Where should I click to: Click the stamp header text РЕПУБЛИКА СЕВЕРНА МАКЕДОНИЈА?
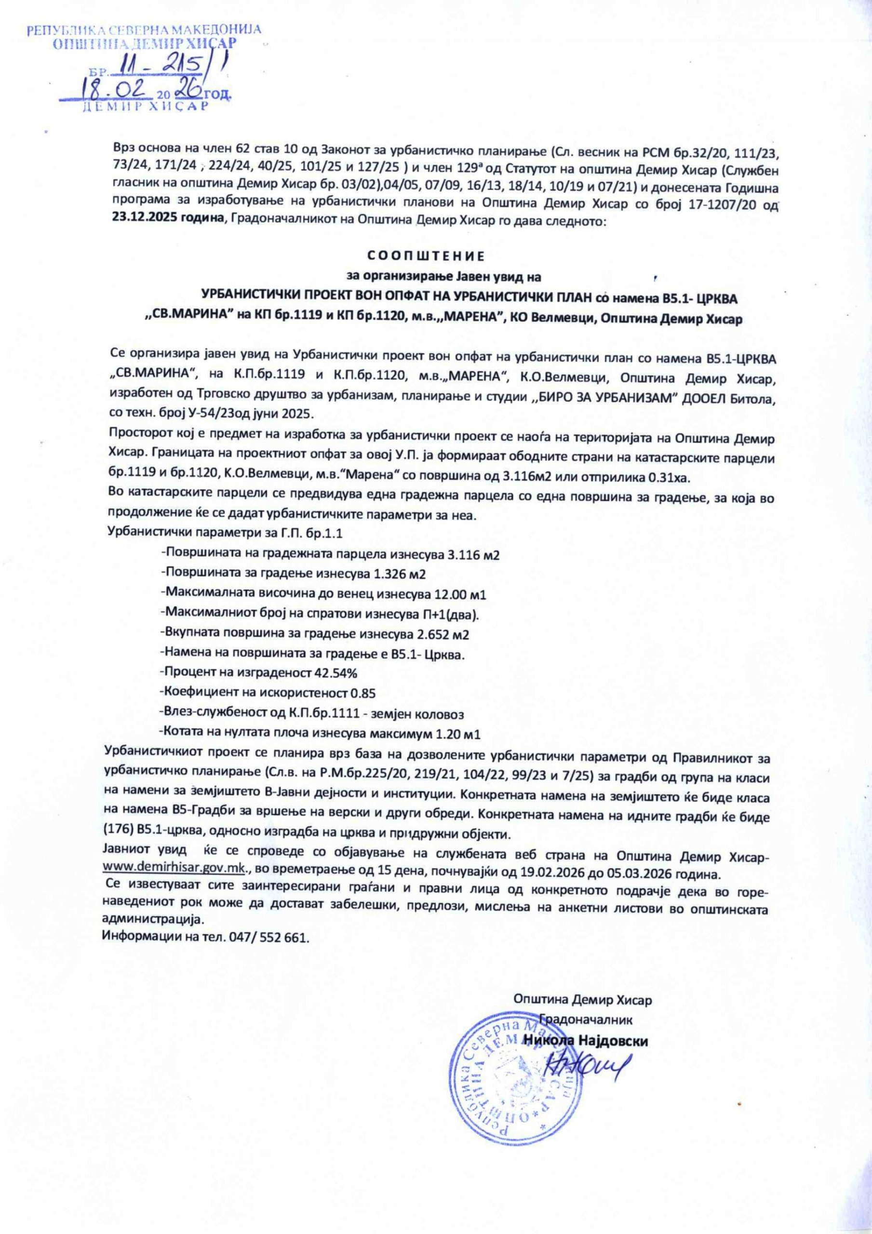(x=144, y=29)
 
